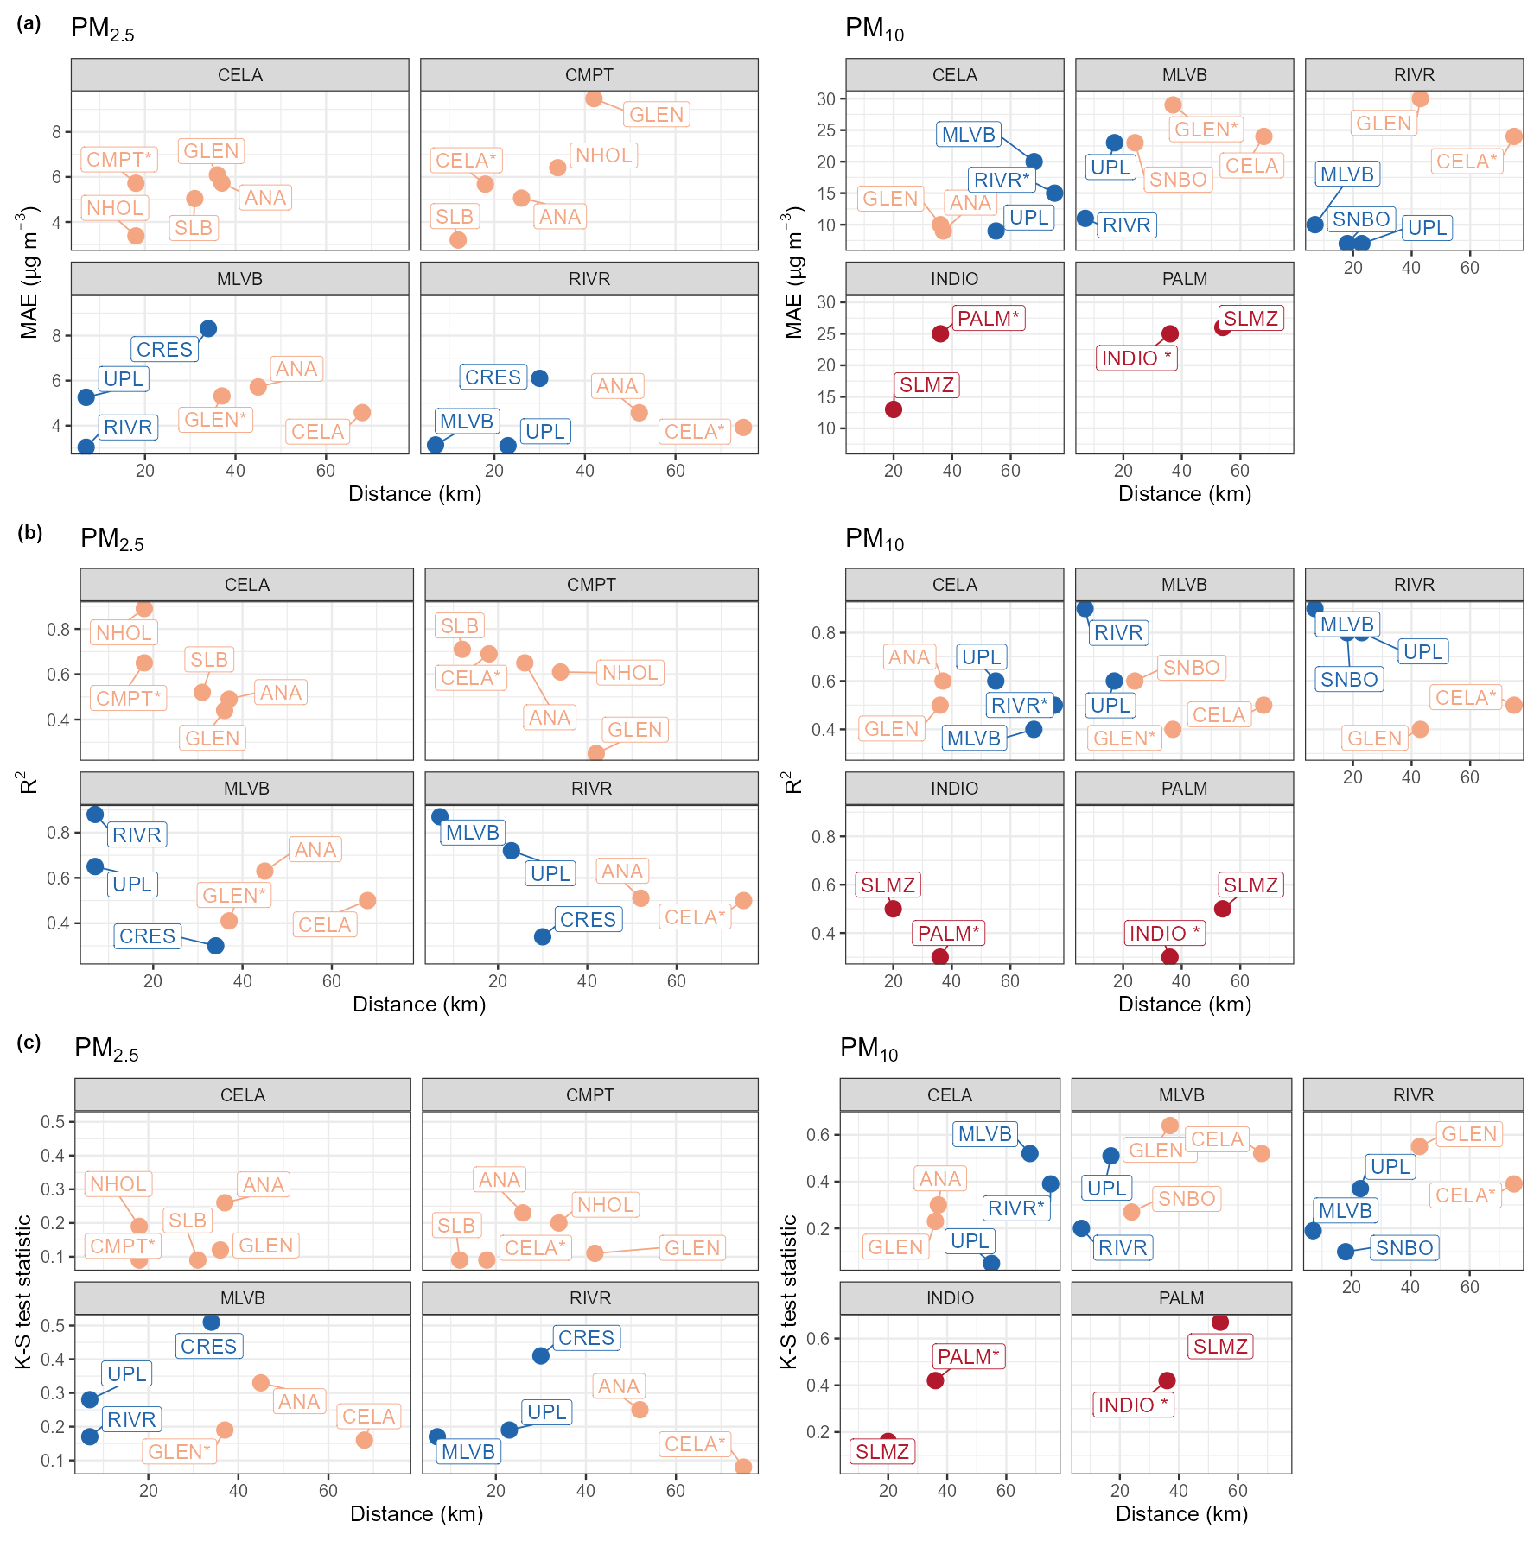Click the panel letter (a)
pyautogui.click(x=29, y=23)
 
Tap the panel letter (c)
pyautogui.click(x=29, y=1043)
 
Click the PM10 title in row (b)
pyautogui.click(x=874, y=539)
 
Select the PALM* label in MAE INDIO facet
pyautogui.click(x=988, y=319)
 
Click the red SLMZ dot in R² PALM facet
pyautogui.click(x=1222, y=909)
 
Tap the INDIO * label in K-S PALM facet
pyautogui.click(x=1132, y=1405)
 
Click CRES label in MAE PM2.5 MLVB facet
pyautogui.click(x=164, y=350)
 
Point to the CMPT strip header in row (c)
pyautogui.click(x=589, y=1095)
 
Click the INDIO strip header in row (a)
pyautogui.click(x=954, y=279)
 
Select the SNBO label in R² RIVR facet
pyautogui.click(x=1348, y=680)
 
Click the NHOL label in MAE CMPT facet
pyautogui.click(x=603, y=155)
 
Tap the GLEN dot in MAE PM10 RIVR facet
pyautogui.click(x=1420, y=99)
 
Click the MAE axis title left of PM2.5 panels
pyautogui.click(x=29, y=272)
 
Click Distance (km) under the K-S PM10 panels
pyautogui.click(x=1181, y=1514)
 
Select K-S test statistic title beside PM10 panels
pyautogui.click(x=789, y=1291)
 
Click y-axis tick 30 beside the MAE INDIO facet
pyautogui.click(x=826, y=302)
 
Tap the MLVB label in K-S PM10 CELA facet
pyautogui.click(x=984, y=1134)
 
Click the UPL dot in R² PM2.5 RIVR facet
pyautogui.click(x=512, y=851)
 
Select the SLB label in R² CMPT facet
pyautogui.click(x=459, y=626)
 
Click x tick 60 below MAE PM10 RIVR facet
pyautogui.click(x=1469, y=268)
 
